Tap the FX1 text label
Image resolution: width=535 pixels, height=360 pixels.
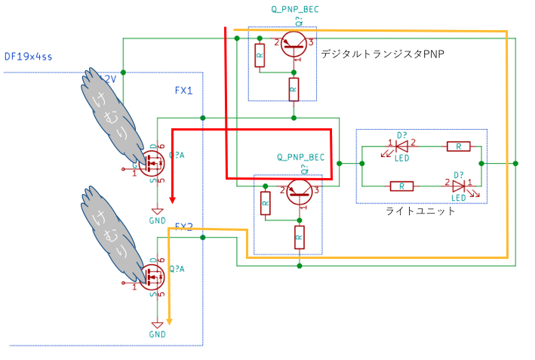184,91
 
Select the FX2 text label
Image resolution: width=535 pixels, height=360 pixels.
184,226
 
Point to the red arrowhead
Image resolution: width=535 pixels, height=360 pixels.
173,200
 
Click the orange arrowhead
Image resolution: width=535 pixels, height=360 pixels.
169,321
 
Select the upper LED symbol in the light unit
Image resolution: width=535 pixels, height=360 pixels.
401,145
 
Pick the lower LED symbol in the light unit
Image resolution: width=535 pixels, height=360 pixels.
458,184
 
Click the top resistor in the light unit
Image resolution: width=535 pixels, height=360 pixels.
458,145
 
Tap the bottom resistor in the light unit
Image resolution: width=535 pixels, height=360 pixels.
401,184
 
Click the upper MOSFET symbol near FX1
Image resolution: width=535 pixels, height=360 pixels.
153,161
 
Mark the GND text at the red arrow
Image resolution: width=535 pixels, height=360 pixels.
157,220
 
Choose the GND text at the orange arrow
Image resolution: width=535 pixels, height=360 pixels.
157,334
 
